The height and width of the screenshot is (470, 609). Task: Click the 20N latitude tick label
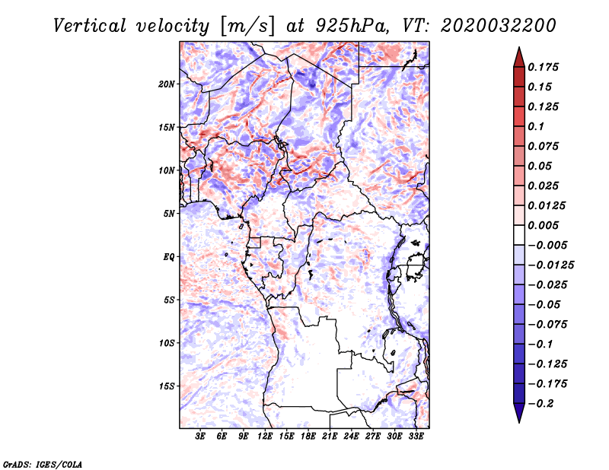pyautogui.click(x=167, y=84)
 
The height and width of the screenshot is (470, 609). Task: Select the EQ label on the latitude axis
pyautogui.click(x=170, y=256)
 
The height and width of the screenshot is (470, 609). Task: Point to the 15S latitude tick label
pyautogui.click(x=167, y=386)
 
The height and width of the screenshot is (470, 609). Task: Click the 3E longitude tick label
pyautogui.click(x=201, y=437)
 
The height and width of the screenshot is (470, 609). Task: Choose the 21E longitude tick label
pyautogui.click(x=330, y=437)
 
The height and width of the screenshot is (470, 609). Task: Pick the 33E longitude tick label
pyautogui.click(x=416, y=437)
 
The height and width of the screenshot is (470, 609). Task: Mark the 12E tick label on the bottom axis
pyautogui.click(x=266, y=437)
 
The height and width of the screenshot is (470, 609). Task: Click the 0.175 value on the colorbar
pyautogui.click(x=544, y=67)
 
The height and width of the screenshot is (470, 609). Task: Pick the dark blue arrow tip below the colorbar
pyautogui.click(x=518, y=416)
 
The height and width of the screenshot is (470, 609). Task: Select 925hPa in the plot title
pyautogui.click(x=347, y=25)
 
